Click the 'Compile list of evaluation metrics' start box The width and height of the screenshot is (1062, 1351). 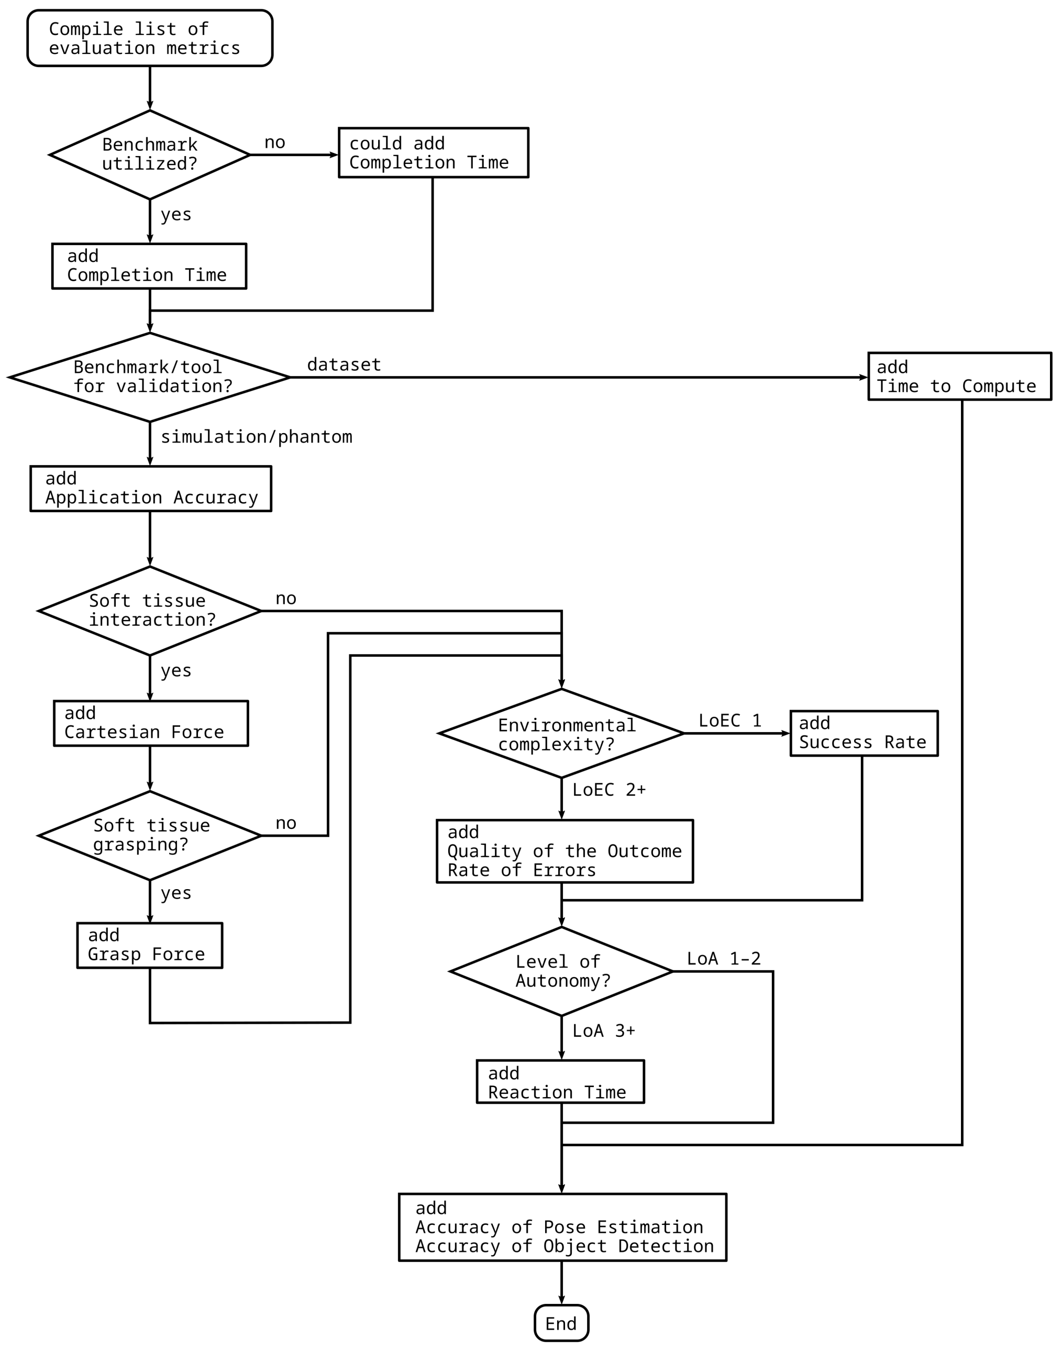coord(149,38)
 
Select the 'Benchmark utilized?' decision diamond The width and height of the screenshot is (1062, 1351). coord(149,155)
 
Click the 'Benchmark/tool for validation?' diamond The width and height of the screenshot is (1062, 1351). coord(149,377)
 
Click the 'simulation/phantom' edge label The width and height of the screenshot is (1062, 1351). coord(256,437)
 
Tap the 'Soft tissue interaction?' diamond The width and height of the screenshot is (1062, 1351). coord(149,611)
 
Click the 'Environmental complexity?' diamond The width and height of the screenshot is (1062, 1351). coord(561,733)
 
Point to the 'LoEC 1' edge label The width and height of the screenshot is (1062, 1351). coord(729,721)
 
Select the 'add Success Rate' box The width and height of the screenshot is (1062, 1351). coord(863,733)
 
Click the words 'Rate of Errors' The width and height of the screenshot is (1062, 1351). coord(521,870)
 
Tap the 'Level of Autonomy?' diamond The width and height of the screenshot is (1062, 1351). coord(561,971)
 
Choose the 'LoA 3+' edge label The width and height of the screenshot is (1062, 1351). coord(603,1031)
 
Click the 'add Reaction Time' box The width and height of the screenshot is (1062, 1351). coord(560,1082)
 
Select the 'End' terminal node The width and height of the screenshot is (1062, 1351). coord(561,1323)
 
